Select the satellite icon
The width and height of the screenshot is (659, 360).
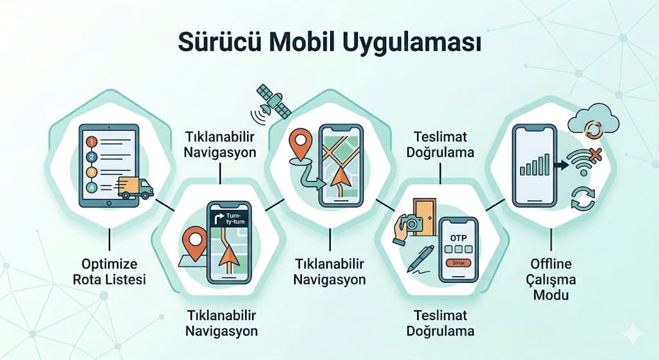(x=272, y=100)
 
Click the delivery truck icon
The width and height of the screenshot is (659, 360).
(x=136, y=187)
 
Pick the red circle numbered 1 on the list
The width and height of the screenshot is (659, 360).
(x=91, y=140)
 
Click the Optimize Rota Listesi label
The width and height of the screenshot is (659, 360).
(x=109, y=271)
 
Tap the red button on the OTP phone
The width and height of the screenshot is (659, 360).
(x=458, y=262)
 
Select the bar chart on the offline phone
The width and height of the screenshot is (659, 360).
(x=535, y=166)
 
